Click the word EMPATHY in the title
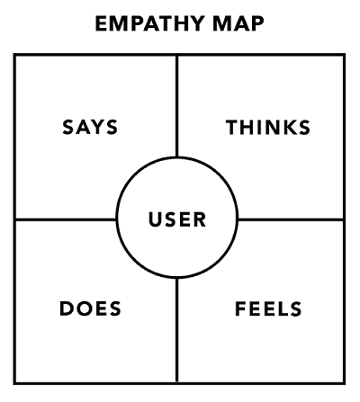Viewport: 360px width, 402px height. tap(150, 23)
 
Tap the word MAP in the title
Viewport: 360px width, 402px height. tap(238, 23)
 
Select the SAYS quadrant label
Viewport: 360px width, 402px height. tap(90, 127)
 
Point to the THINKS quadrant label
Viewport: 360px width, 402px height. tap(268, 127)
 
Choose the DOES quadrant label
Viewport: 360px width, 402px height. tap(90, 308)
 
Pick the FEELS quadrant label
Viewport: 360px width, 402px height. tap(268, 308)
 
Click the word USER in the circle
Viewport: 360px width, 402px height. tap(177, 219)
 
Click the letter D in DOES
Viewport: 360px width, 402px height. tap(67, 308)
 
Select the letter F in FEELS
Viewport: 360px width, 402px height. tap(240, 308)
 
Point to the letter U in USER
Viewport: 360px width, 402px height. tap(155, 219)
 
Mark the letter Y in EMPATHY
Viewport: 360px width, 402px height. tap(198, 23)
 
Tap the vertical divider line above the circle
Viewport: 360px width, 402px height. tap(177, 106)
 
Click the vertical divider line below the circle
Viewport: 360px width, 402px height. tap(177, 330)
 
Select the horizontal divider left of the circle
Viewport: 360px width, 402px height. tap(66, 219)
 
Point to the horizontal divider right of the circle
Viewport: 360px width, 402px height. tap(291, 219)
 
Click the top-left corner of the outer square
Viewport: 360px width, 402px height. tap(14, 55)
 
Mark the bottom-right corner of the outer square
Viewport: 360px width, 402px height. tap(345, 383)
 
